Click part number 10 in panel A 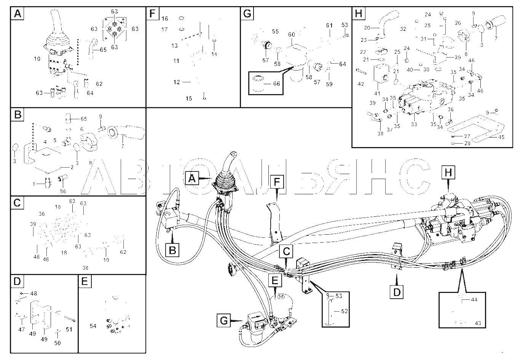click(x=37, y=59)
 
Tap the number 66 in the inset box click(x=276, y=83)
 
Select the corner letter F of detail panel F click(x=152, y=13)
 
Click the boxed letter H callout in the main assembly click(x=448, y=173)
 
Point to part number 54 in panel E click(x=93, y=326)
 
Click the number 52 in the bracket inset click(x=344, y=311)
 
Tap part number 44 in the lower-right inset click(x=474, y=299)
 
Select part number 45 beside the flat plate click(x=501, y=137)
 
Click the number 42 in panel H click(x=361, y=84)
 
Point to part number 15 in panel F click(x=189, y=99)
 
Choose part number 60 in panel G click(x=291, y=35)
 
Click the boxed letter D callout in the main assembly click(x=397, y=292)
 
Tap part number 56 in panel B click(x=63, y=191)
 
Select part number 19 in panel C click(x=106, y=260)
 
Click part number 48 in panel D click(x=33, y=294)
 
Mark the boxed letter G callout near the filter click(x=224, y=321)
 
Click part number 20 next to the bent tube click(x=367, y=28)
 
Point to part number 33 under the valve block click(x=414, y=124)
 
